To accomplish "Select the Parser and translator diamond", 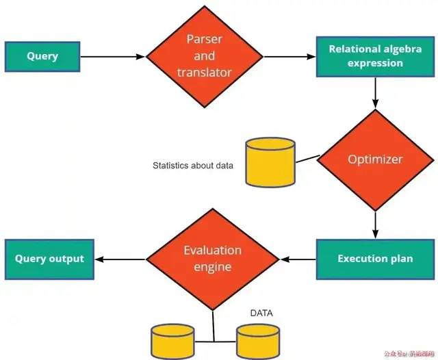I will [204, 55].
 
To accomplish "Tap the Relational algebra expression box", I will [374, 56].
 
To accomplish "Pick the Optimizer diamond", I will [375, 159].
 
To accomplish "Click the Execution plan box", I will [374, 259].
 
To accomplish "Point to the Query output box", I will [49, 259].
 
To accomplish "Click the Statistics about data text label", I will [194, 166].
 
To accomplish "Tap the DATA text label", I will [261, 313].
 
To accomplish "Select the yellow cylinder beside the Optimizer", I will [270, 164].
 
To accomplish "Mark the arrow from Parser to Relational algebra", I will [289, 56].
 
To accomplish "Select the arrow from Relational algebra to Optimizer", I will [375, 92].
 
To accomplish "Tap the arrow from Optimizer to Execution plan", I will [375, 224].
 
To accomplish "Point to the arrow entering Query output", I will [120, 259].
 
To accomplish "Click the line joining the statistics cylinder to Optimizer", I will [307, 159].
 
